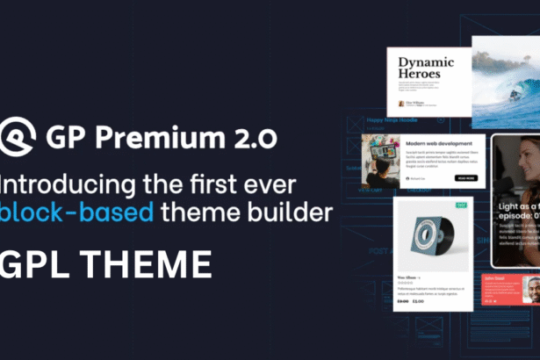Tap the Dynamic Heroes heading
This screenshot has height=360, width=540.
(x=425, y=69)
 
